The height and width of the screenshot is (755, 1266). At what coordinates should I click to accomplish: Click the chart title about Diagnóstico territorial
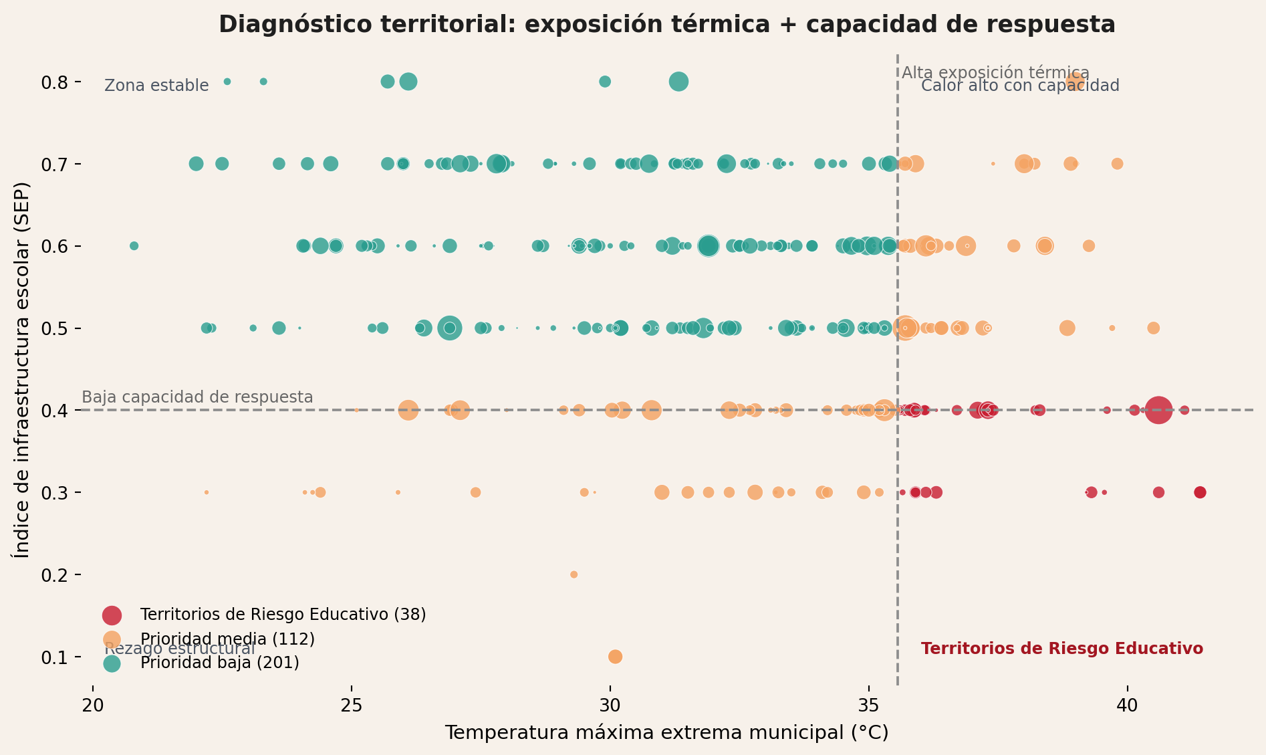(x=666, y=25)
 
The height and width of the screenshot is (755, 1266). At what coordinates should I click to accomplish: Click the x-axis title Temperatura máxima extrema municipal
(x=666, y=733)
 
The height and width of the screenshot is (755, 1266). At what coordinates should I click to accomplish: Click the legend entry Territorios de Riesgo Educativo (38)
(x=283, y=615)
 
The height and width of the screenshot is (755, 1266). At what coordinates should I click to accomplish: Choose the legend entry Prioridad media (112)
(x=227, y=639)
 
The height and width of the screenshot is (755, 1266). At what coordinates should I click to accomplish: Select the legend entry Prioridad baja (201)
(x=219, y=663)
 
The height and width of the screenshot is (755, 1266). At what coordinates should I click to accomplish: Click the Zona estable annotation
(x=156, y=86)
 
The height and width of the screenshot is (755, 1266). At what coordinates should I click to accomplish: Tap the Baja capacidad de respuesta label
(x=197, y=397)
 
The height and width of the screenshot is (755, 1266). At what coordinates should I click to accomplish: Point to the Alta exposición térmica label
(x=995, y=73)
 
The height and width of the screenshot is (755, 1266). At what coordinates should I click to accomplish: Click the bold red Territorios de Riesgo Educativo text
(x=1061, y=649)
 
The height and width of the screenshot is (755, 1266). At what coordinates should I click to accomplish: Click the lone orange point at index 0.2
(x=574, y=574)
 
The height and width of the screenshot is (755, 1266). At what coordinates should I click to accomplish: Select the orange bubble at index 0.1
(x=615, y=657)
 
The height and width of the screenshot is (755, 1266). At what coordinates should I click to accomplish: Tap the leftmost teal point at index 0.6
(x=134, y=246)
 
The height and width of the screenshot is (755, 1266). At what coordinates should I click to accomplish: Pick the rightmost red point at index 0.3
(x=1200, y=492)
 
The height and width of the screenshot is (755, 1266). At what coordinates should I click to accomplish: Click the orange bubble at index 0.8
(x=1075, y=82)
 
